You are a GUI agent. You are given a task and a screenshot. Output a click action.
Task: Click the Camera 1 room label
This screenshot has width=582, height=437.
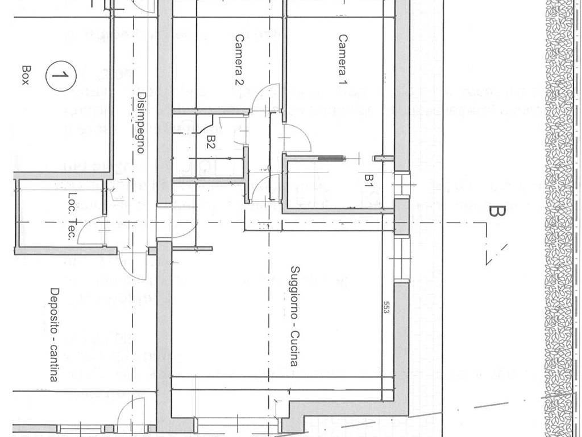(343, 60)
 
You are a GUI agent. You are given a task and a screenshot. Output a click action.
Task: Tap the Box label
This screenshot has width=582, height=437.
(24, 75)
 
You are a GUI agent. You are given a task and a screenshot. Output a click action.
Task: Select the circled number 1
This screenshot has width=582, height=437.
(60, 75)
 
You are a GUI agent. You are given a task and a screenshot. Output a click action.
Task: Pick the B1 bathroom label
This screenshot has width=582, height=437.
(368, 181)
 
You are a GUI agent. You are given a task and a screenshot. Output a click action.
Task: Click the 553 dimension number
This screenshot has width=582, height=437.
(386, 310)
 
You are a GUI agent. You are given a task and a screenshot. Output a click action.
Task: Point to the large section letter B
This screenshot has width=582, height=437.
(496, 212)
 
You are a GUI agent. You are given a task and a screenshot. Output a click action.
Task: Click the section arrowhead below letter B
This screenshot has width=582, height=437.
(493, 253)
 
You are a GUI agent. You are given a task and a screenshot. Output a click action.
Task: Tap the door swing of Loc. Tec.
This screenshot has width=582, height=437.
(91, 230)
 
